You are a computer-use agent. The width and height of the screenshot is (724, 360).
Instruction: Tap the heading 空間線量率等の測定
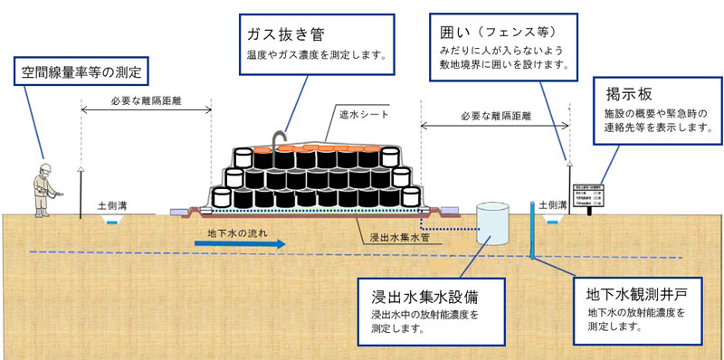click(x=80, y=70)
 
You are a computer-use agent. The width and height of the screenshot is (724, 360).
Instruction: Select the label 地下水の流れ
click(x=238, y=232)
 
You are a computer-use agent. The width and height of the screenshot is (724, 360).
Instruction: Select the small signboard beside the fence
click(x=589, y=196)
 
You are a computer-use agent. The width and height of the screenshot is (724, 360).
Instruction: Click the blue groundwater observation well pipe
click(x=532, y=232)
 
